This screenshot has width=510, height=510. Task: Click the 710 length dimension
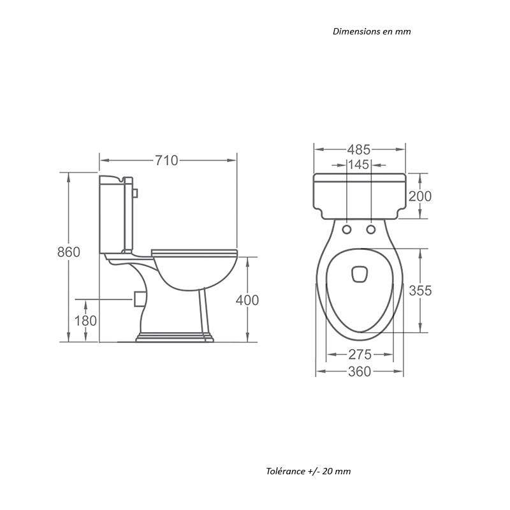(x=166, y=161)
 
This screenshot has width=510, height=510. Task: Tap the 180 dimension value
(x=85, y=321)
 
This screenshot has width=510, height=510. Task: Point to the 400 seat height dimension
(x=247, y=300)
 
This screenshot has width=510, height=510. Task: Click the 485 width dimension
(x=358, y=150)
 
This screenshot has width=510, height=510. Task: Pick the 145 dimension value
(x=359, y=165)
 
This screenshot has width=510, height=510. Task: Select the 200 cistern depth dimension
(x=420, y=196)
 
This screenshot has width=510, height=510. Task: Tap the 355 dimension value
(x=420, y=291)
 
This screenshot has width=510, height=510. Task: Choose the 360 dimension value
(x=360, y=372)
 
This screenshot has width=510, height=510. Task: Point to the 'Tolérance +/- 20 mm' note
(x=309, y=472)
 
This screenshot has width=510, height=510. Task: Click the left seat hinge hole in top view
(x=347, y=228)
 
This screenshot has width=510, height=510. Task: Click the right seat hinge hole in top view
(x=372, y=228)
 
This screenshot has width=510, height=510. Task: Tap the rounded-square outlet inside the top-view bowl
(x=359, y=274)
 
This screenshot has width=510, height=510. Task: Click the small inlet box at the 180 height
(x=138, y=298)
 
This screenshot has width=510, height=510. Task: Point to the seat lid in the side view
(x=194, y=251)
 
